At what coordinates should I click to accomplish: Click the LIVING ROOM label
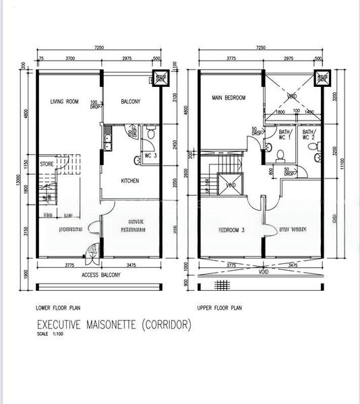click(x=64, y=102)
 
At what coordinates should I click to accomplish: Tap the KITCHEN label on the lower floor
click(x=130, y=181)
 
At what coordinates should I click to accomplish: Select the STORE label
click(x=46, y=163)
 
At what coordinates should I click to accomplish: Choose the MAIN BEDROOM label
click(x=229, y=98)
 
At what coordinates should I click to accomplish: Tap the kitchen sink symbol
click(x=107, y=141)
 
